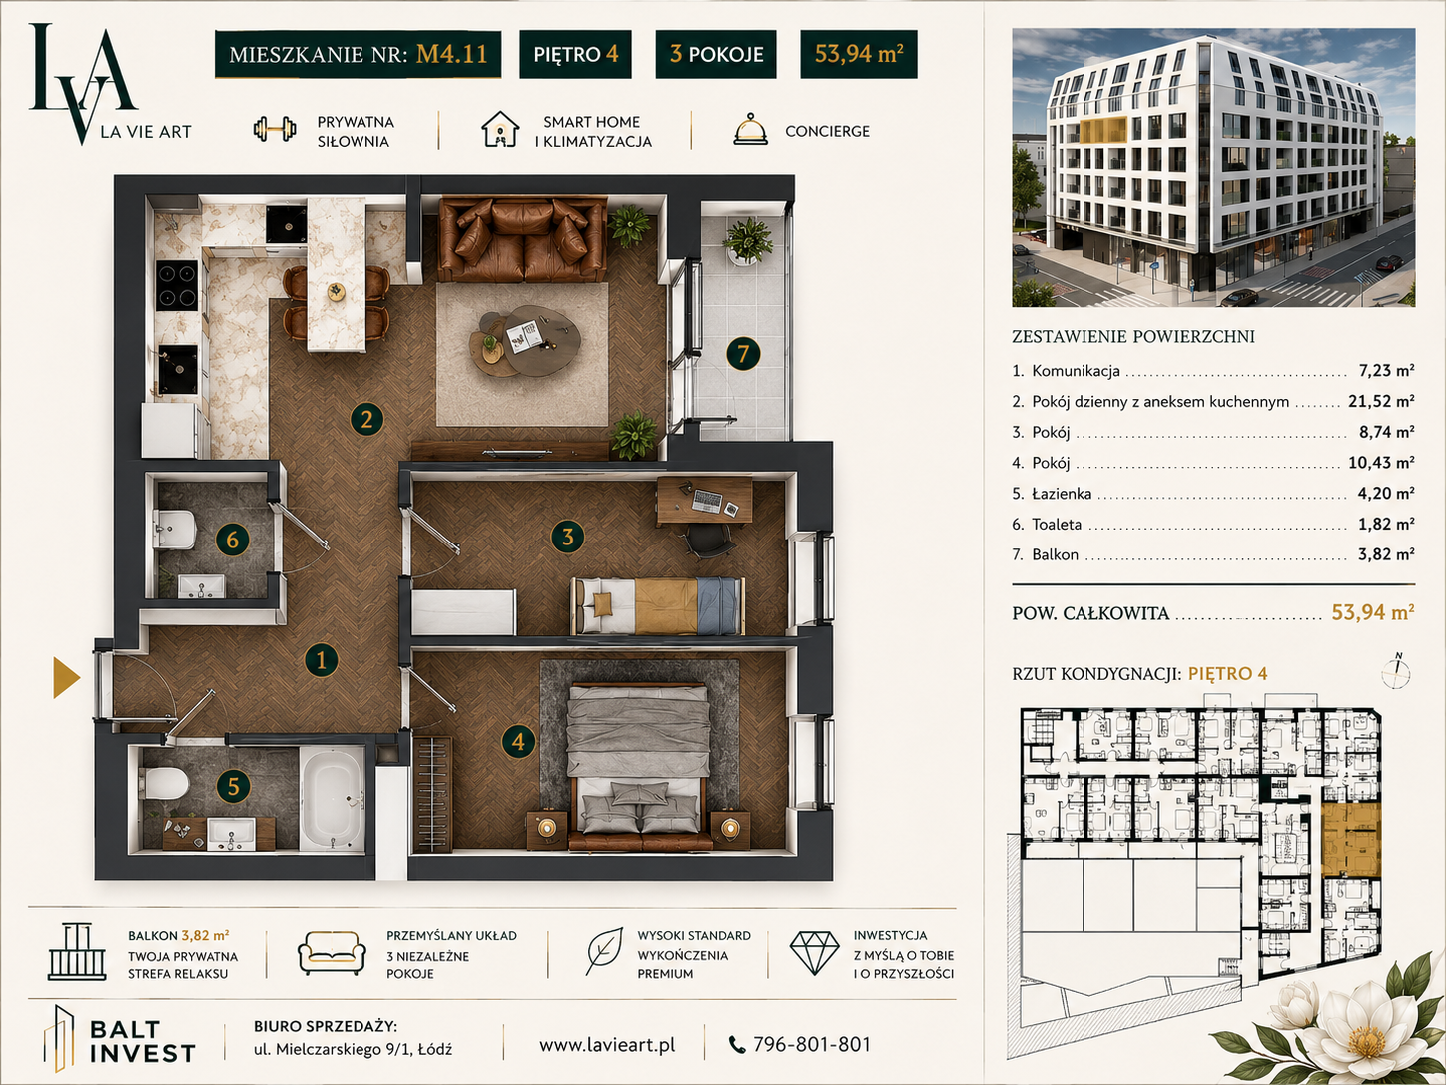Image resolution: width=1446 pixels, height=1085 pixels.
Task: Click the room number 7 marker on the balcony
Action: pyautogui.click(x=742, y=354)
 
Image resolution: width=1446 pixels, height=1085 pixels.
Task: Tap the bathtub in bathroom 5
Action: pyautogui.click(x=332, y=799)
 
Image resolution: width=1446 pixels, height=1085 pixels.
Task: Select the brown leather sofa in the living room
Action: pyautogui.click(x=523, y=240)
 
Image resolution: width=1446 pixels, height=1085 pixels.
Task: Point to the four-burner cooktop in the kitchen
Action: pyautogui.click(x=177, y=285)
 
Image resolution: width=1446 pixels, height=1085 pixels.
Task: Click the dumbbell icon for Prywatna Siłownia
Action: pyautogui.click(x=275, y=129)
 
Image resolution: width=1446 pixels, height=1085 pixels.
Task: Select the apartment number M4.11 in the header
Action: pyautogui.click(x=452, y=54)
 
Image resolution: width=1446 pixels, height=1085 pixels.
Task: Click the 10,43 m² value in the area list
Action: pyautogui.click(x=1381, y=462)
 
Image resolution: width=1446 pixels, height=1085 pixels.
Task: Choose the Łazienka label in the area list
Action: pyautogui.click(x=1062, y=493)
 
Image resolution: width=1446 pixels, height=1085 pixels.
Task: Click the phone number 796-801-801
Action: pyautogui.click(x=811, y=1044)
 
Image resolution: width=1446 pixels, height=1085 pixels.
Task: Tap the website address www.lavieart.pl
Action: pyautogui.click(x=607, y=1045)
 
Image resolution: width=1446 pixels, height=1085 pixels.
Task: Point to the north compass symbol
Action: pyautogui.click(x=1396, y=671)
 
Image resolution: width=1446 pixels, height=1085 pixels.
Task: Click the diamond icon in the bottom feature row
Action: pyautogui.click(x=814, y=952)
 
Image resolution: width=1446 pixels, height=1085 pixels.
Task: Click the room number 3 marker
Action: pyautogui.click(x=567, y=537)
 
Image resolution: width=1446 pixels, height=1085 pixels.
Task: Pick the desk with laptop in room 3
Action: pyautogui.click(x=704, y=501)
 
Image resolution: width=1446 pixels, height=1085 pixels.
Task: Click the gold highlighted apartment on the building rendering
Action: pyautogui.click(x=1102, y=131)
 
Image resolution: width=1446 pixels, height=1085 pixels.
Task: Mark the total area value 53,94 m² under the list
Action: pyautogui.click(x=1373, y=612)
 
